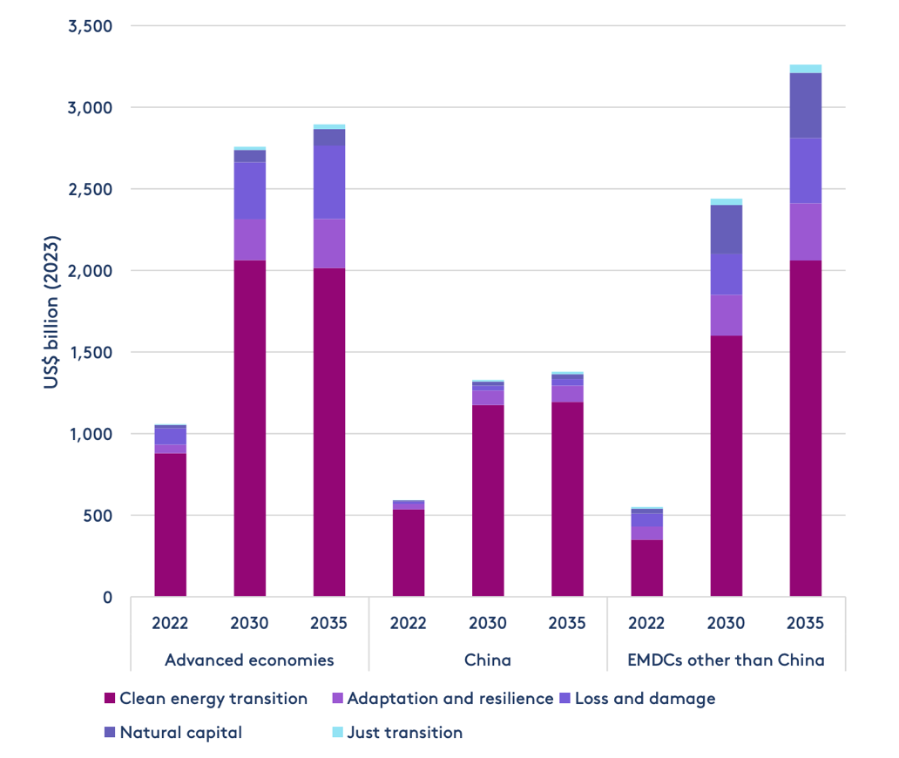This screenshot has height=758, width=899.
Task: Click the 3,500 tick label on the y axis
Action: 90,26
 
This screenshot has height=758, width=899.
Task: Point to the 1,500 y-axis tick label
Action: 91,352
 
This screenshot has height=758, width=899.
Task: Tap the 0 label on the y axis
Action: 107,597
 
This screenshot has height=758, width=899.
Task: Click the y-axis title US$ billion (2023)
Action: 51,313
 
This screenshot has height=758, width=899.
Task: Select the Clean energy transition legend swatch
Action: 110,699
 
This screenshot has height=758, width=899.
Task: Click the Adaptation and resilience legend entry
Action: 449,699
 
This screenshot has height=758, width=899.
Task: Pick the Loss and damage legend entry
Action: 646,699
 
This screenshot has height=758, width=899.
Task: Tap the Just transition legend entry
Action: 404,732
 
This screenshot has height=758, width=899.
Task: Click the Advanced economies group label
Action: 249,660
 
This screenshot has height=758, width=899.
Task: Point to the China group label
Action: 487,660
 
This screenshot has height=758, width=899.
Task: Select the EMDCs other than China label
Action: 726,660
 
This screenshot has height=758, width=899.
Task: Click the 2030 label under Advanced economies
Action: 249,623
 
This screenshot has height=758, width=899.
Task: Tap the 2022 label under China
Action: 408,623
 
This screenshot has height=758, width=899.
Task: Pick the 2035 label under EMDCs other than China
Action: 805,623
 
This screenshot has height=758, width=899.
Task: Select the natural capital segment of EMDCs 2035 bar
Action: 805,105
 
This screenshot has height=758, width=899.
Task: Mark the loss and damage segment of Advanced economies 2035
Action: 329,182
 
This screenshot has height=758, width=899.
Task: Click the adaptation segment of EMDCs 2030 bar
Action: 726,315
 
